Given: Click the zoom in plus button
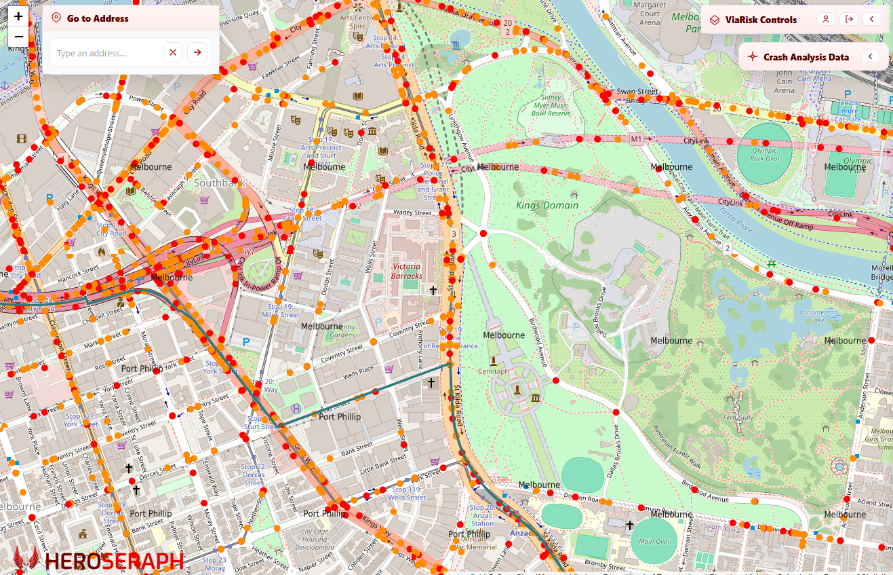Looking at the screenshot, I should click(x=18, y=16).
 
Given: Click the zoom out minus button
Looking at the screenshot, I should click(x=18, y=37).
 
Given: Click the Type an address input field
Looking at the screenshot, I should click(x=105, y=53).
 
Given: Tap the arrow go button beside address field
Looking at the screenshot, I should click(x=197, y=52).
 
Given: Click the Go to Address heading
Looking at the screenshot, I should click(x=98, y=18).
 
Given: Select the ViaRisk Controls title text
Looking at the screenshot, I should click(x=761, y=20).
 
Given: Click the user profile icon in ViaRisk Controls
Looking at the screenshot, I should click(x=825, y=19).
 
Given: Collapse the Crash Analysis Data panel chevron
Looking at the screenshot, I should click(x=871, y=57).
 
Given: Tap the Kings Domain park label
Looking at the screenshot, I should click(x=547, y=205).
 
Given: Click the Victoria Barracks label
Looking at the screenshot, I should click(x=407, y=271).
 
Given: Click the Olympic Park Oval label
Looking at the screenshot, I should click(x=765, y=154).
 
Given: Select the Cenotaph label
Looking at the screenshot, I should click(x=493, y=371).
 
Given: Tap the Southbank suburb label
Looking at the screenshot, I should click(x=218, y=183).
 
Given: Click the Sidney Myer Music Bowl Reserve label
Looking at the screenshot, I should click(x=550, y=105).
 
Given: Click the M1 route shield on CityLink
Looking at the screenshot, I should click(x=636, y=139).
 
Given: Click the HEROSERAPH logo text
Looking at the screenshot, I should click(x=114, y=561).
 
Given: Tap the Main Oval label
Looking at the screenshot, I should click(x=655, y=541).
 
